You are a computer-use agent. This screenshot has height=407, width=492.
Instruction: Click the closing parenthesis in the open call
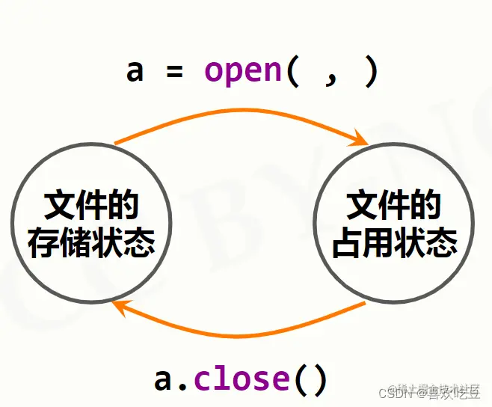(369, 72)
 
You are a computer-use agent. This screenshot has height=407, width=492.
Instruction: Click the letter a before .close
(163, 379)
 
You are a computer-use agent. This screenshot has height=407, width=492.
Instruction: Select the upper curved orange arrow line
(239, 110)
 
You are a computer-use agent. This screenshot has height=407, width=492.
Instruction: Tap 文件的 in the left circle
(91, 206)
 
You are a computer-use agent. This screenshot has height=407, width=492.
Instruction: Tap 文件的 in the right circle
(395, 206)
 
